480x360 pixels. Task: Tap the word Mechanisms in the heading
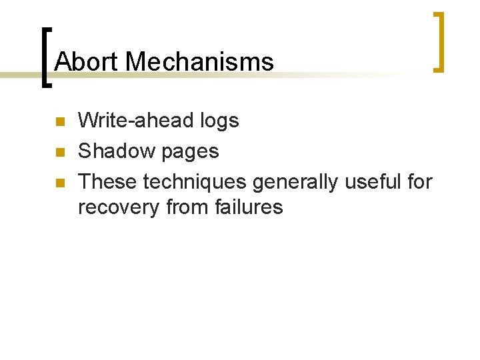point(199,62)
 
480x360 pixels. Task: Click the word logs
point(219,121)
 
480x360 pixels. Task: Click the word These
point(107,181)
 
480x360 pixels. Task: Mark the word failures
point(249,207)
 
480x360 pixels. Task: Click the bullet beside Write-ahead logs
point(59,122)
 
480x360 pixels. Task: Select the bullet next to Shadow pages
point(59,152)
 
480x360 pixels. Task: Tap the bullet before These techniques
point(59,182)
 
